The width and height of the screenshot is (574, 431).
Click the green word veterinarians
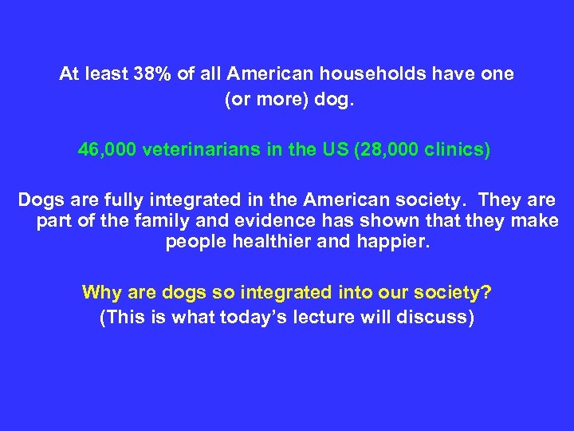(202, 149)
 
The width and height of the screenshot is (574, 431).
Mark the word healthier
(269, 243)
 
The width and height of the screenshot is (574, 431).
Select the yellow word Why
(102, 292)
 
